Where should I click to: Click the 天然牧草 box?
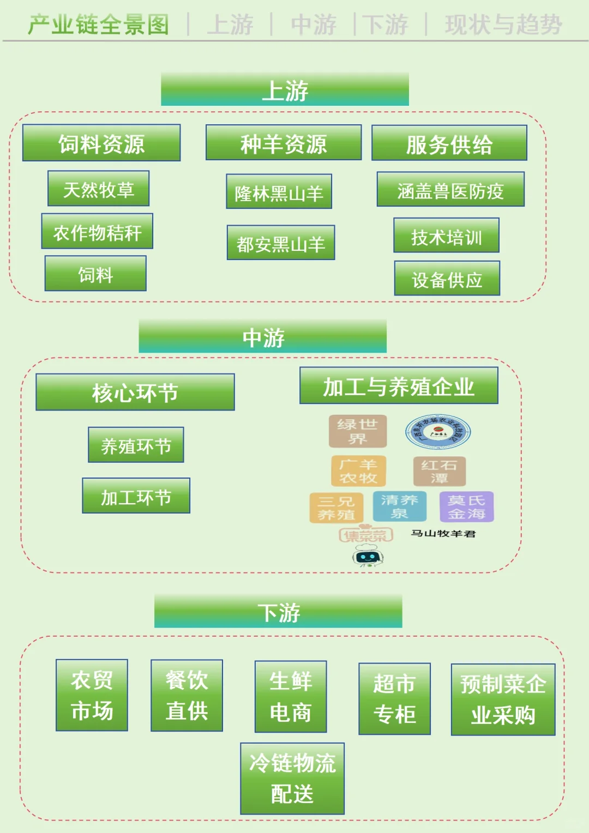pos(98,189)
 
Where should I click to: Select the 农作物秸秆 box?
pos(97,232)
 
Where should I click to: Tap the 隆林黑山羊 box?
pos(279,192)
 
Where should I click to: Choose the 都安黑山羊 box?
pos(281,243)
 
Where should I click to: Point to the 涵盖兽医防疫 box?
pos(450,190)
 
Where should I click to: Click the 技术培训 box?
pos(446,236)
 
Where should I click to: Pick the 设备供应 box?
pos(447,279)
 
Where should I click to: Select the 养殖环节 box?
pos(136,445)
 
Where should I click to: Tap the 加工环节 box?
pos(136,496)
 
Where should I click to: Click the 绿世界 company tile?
pos(357,431)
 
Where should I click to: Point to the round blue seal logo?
pos(438,432)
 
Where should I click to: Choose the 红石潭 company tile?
pos(439,471)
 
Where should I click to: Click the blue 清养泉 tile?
pos(399,506)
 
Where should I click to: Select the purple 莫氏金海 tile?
pos(466,506)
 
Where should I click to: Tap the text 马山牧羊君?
pos(443,533)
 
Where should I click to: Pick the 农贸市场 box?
pos(92,695)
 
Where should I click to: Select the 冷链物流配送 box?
pos(292,778)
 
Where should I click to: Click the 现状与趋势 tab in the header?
pos(503,25)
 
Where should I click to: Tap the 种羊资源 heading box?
pos(284,143)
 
